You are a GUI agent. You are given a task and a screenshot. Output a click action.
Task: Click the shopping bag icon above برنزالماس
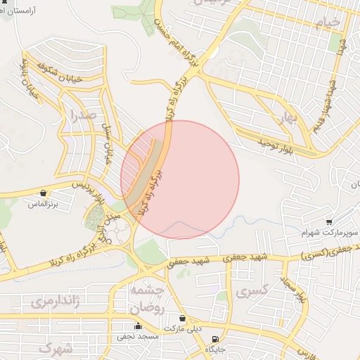tap(44, 193)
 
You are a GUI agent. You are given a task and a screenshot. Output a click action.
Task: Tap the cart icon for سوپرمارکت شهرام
tap(329, 221)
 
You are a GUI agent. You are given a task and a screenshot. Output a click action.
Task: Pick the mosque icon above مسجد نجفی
tap(138, 326)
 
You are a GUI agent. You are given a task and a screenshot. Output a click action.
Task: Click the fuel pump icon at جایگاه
tap(214, 339)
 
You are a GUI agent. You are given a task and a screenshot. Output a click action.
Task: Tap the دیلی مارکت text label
tap(182, 328)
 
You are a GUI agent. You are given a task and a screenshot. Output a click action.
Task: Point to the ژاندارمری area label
tap(51, 303)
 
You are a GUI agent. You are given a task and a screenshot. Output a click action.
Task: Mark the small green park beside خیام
tap(335, 42)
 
